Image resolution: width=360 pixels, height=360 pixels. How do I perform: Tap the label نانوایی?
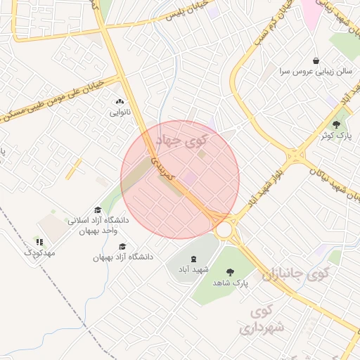(118, 112)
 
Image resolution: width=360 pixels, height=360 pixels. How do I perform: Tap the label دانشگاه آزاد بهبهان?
(122, 257)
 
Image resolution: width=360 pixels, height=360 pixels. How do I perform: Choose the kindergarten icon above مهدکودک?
(39, 242)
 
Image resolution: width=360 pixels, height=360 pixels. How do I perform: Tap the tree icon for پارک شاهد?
(230, 272)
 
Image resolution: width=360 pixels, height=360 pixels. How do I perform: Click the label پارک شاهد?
(231, 283)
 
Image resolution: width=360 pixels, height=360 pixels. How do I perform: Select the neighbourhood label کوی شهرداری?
(262, 319)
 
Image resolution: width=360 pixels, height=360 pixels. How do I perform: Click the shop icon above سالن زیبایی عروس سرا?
(316, 61)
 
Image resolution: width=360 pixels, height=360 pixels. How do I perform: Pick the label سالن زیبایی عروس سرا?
(311, 72)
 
